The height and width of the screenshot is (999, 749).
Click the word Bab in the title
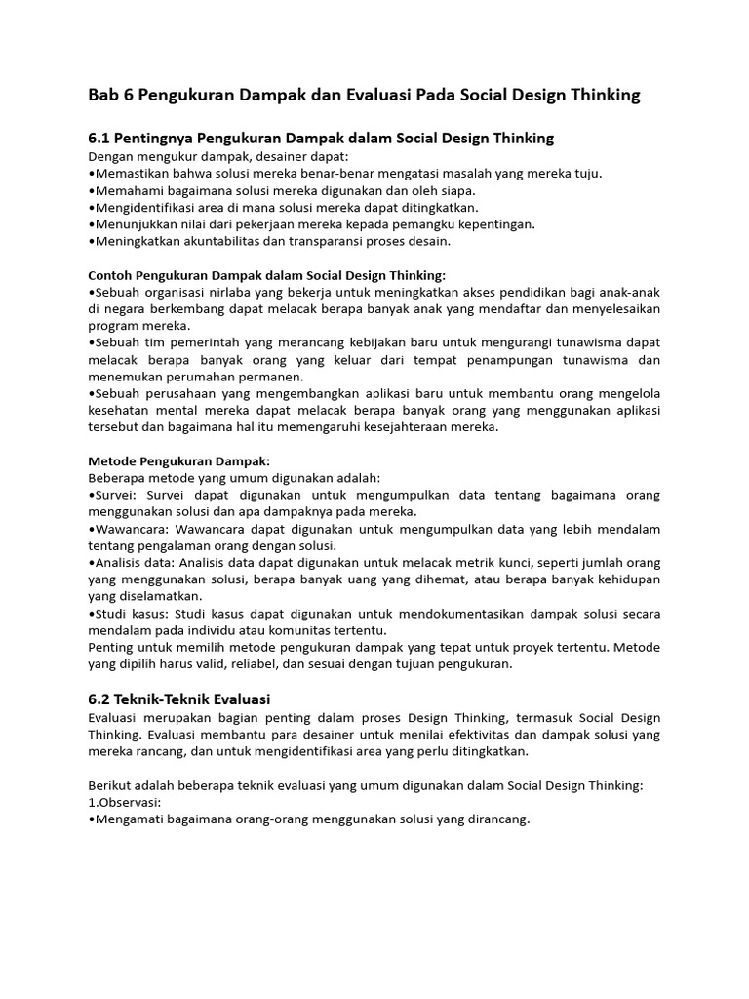coord(103,95)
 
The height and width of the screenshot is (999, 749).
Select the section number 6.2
coord(101,699)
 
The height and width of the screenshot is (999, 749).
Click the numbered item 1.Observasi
coord(125,802)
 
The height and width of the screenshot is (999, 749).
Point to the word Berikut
coord(111,785)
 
